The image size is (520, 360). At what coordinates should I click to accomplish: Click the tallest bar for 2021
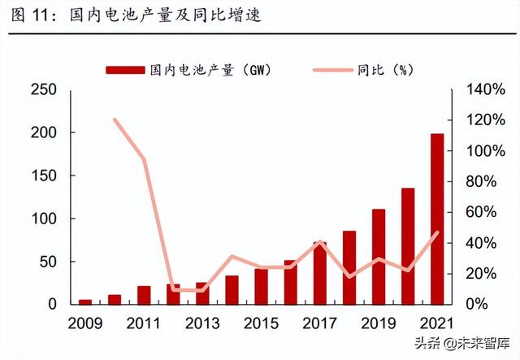(x=437, y=219)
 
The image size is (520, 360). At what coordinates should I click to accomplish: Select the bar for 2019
(x=379, y=257)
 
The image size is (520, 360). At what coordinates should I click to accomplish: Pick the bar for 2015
(x=261, y=286)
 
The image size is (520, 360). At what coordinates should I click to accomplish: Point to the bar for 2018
(x=349, y=267)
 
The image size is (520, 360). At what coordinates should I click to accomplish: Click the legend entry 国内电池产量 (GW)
(x=188, y=70)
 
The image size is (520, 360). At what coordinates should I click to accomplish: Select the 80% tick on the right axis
(x=485, y=181)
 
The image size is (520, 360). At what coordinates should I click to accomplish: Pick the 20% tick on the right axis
(x=485, y=273)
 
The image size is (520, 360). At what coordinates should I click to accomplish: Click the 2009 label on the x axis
(x=84, y=323)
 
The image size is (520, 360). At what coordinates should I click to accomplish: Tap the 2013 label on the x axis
(x=201, y=323)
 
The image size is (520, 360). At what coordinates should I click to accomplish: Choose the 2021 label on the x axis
(x=437, y=323)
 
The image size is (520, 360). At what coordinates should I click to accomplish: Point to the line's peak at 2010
(x=115, y=120)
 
